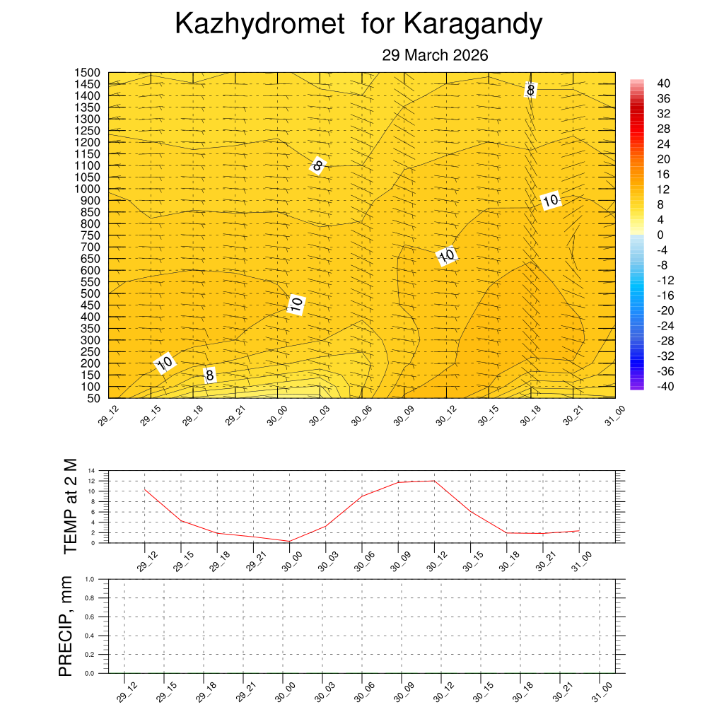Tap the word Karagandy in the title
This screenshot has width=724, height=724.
pos(473,24)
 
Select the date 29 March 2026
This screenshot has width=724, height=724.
pos(435,55)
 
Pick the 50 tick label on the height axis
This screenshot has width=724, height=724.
pos(94,398)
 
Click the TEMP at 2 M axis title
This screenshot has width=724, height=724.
pos(69,506)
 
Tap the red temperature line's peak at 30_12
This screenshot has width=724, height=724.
pos(434,481)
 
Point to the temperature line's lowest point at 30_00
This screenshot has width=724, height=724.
pos(289,541)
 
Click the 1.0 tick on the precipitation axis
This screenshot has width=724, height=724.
pos(90,579)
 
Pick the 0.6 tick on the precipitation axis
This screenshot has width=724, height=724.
pos(90,617)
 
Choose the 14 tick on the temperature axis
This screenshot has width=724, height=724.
pos(91,470)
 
